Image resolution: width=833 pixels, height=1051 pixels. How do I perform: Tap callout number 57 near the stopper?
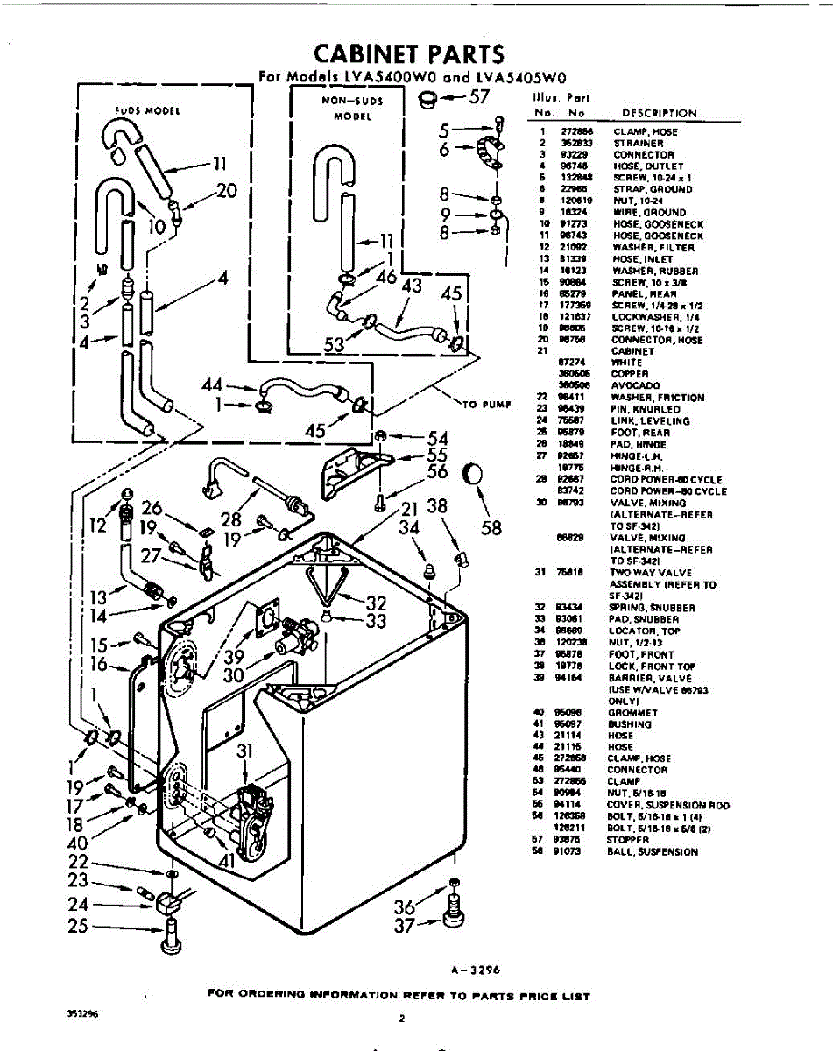(478, 96)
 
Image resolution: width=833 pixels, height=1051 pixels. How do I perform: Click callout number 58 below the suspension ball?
(491, 528)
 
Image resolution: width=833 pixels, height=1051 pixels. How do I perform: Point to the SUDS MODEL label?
(147, 111)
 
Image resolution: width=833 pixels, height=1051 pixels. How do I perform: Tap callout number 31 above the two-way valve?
(245, 751)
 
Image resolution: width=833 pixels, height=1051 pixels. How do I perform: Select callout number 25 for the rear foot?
(79, 926)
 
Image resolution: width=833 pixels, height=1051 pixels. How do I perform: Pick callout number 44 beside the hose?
(213, 384)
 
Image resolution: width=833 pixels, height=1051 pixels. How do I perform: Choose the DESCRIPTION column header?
(659, 113)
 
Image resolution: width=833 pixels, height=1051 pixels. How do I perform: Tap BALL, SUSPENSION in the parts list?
(653, 851)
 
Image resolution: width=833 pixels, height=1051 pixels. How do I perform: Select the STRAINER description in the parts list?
(632, 143)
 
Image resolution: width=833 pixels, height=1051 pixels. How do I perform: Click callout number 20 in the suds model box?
(227, 191)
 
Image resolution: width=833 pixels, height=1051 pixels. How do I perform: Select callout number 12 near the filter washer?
(98, 525)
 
